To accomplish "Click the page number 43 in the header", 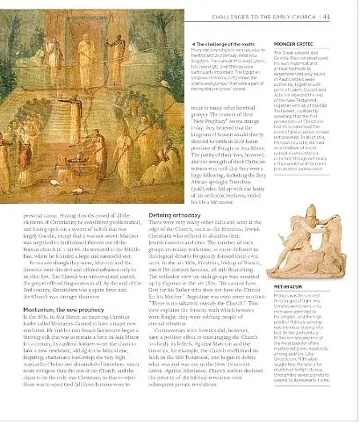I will (349, 11).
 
